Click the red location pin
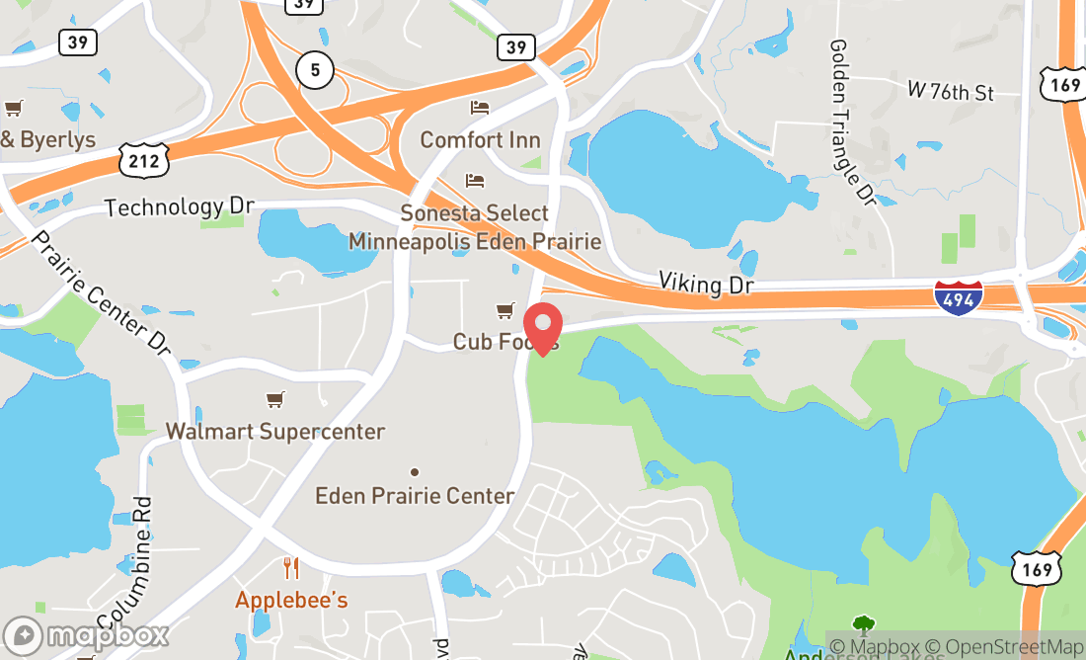542,329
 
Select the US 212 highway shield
144,161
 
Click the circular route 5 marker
315,69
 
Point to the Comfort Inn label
481,139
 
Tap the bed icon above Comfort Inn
480,108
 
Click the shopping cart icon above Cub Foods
505,311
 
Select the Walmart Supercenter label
274,432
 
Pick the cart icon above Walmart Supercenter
274,399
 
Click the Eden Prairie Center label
415,496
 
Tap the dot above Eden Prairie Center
415,472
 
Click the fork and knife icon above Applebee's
290,568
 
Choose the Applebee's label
291,600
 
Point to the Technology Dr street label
179,206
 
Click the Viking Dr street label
706,285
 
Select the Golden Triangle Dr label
853,123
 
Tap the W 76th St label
950,92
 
